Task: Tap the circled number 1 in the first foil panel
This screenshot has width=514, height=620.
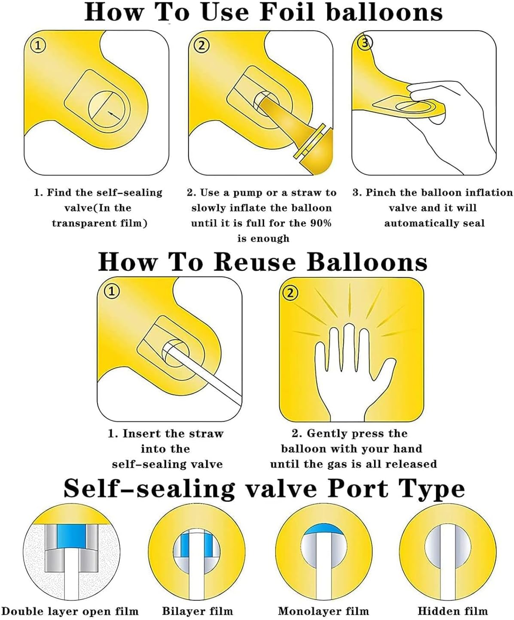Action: (38, 46)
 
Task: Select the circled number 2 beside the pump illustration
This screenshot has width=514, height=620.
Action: (201, 46)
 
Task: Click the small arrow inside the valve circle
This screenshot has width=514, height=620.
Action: (114, 115)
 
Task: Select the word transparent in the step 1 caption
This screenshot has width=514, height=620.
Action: (83, 223)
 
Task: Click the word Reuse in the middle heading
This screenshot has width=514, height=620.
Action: (255, 262)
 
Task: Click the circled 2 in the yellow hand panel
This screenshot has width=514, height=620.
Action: (290, 293)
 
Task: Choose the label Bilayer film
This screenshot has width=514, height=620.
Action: (198, 611)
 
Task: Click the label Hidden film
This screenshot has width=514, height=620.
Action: (453, 611)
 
